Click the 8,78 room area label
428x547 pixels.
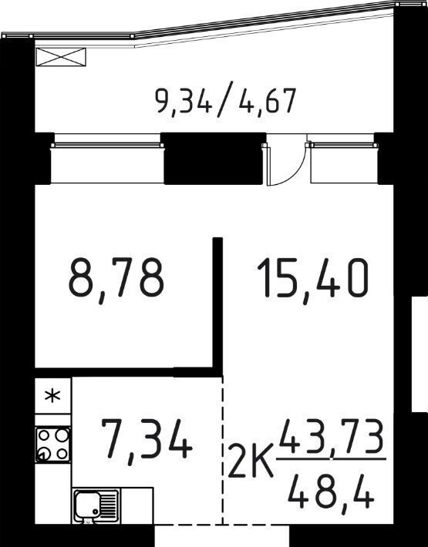point(116,280)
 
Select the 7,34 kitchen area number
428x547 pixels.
point(147,441)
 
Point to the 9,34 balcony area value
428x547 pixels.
point(184,101)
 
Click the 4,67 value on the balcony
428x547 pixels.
point(268,101)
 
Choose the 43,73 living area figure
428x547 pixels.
point(330,436)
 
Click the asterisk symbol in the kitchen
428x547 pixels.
point(52,395)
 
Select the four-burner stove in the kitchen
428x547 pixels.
point(53,445)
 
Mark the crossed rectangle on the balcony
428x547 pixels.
point(61,57)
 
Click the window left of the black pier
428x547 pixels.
point(107,163)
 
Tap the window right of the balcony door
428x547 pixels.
point(343,163)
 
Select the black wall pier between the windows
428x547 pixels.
point(214,159)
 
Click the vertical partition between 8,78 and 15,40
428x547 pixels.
point(217,303)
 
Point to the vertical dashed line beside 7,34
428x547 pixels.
point(223,450)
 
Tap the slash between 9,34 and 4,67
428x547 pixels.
point(225,102)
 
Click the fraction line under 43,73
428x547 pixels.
point(331,458)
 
